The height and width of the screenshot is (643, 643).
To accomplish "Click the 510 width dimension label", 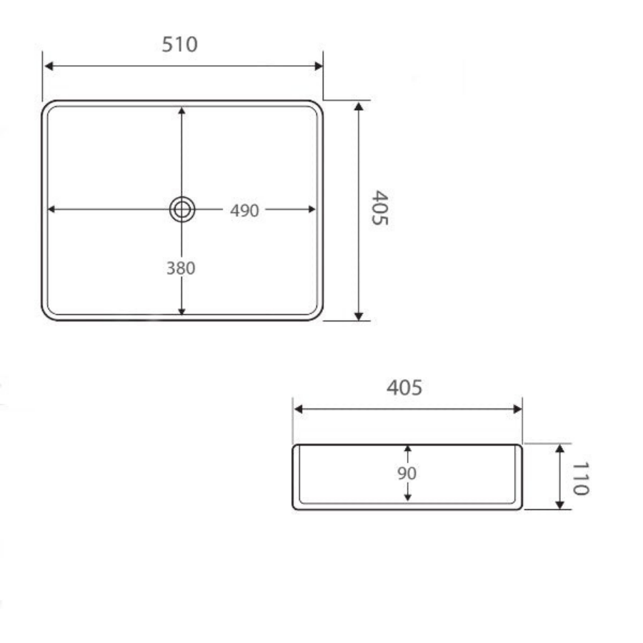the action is coord(179,44).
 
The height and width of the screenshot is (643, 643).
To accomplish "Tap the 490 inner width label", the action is coord(244,210).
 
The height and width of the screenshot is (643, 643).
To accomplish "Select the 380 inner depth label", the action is coord(181,268).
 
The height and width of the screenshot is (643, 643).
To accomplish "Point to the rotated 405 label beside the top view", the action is coord(380,207).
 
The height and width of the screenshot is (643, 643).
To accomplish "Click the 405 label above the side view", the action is coord(404,387).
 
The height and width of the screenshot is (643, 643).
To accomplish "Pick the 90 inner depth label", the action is coord(407,473).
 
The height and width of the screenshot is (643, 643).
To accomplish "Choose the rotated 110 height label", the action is coord(581,479).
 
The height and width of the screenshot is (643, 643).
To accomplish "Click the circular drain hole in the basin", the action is coord(182,209).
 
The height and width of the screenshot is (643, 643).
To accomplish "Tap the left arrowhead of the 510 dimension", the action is coord(49,66).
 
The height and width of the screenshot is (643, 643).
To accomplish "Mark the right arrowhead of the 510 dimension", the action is coord(318,66).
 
